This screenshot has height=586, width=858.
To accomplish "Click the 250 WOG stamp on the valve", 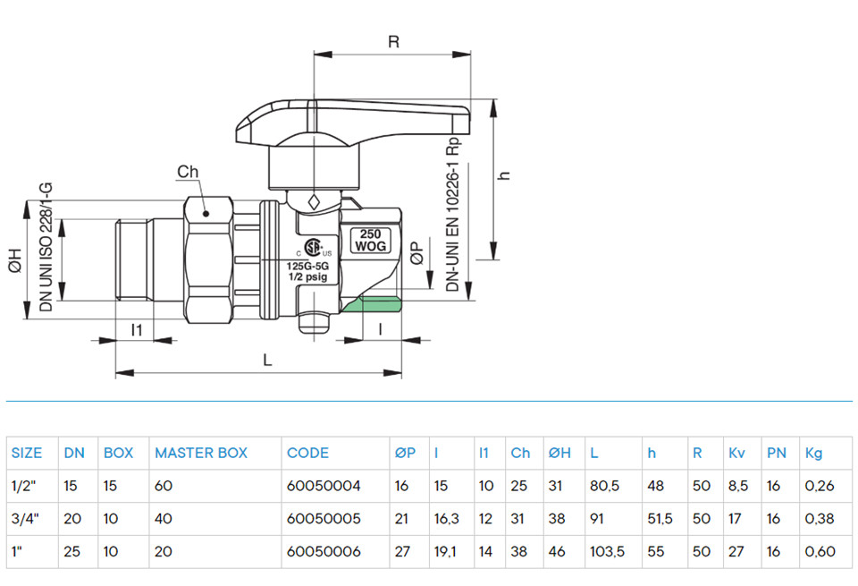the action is pyautogui.click(x=370, y=241).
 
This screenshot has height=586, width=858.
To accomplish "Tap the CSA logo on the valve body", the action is pyautogui.click(x=312, y=248).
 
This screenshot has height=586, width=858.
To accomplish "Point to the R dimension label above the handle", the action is pyautogui.click(x=393, y=42).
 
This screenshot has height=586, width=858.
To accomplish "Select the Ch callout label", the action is pyautogui.click(x=188, y=172).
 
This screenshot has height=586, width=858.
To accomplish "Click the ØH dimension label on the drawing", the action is pyautogui.click(x=15, y=260).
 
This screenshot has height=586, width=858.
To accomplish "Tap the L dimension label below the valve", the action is pyautogui.click(x=267, y=360).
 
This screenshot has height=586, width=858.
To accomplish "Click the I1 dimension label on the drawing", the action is pyautogui.click(x=136, y=330).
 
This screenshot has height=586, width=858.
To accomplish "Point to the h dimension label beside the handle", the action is pyautogui.click(x=504, y=175).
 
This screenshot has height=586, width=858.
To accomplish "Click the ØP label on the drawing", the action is pyautogui.click(x=417, y=253).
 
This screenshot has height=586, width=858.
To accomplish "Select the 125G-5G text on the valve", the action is pyautogui.click(x=308, y=267).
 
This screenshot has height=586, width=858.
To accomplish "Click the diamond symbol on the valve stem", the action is pyautogui.click(x=314, y=201).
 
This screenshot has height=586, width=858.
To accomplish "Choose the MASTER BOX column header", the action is pyautogui.click(x=201, y=453).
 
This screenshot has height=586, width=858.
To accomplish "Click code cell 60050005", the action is pyautogui.click(x=324, y=519).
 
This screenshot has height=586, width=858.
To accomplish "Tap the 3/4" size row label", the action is pyautogui.click(x=25, y=519).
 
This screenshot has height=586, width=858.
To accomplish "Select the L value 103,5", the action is pyautogui.click(x=607, y=551).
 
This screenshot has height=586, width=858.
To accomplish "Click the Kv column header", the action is pyautogui.click(x=736, y=453).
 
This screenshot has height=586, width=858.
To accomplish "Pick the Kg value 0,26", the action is pyautogui.click(x=820, y=486).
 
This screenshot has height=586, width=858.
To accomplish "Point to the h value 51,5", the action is pyautogui.click(x=660, y=519).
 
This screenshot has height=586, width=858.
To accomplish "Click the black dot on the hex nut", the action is pyautogui.click(x=206, y=214).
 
